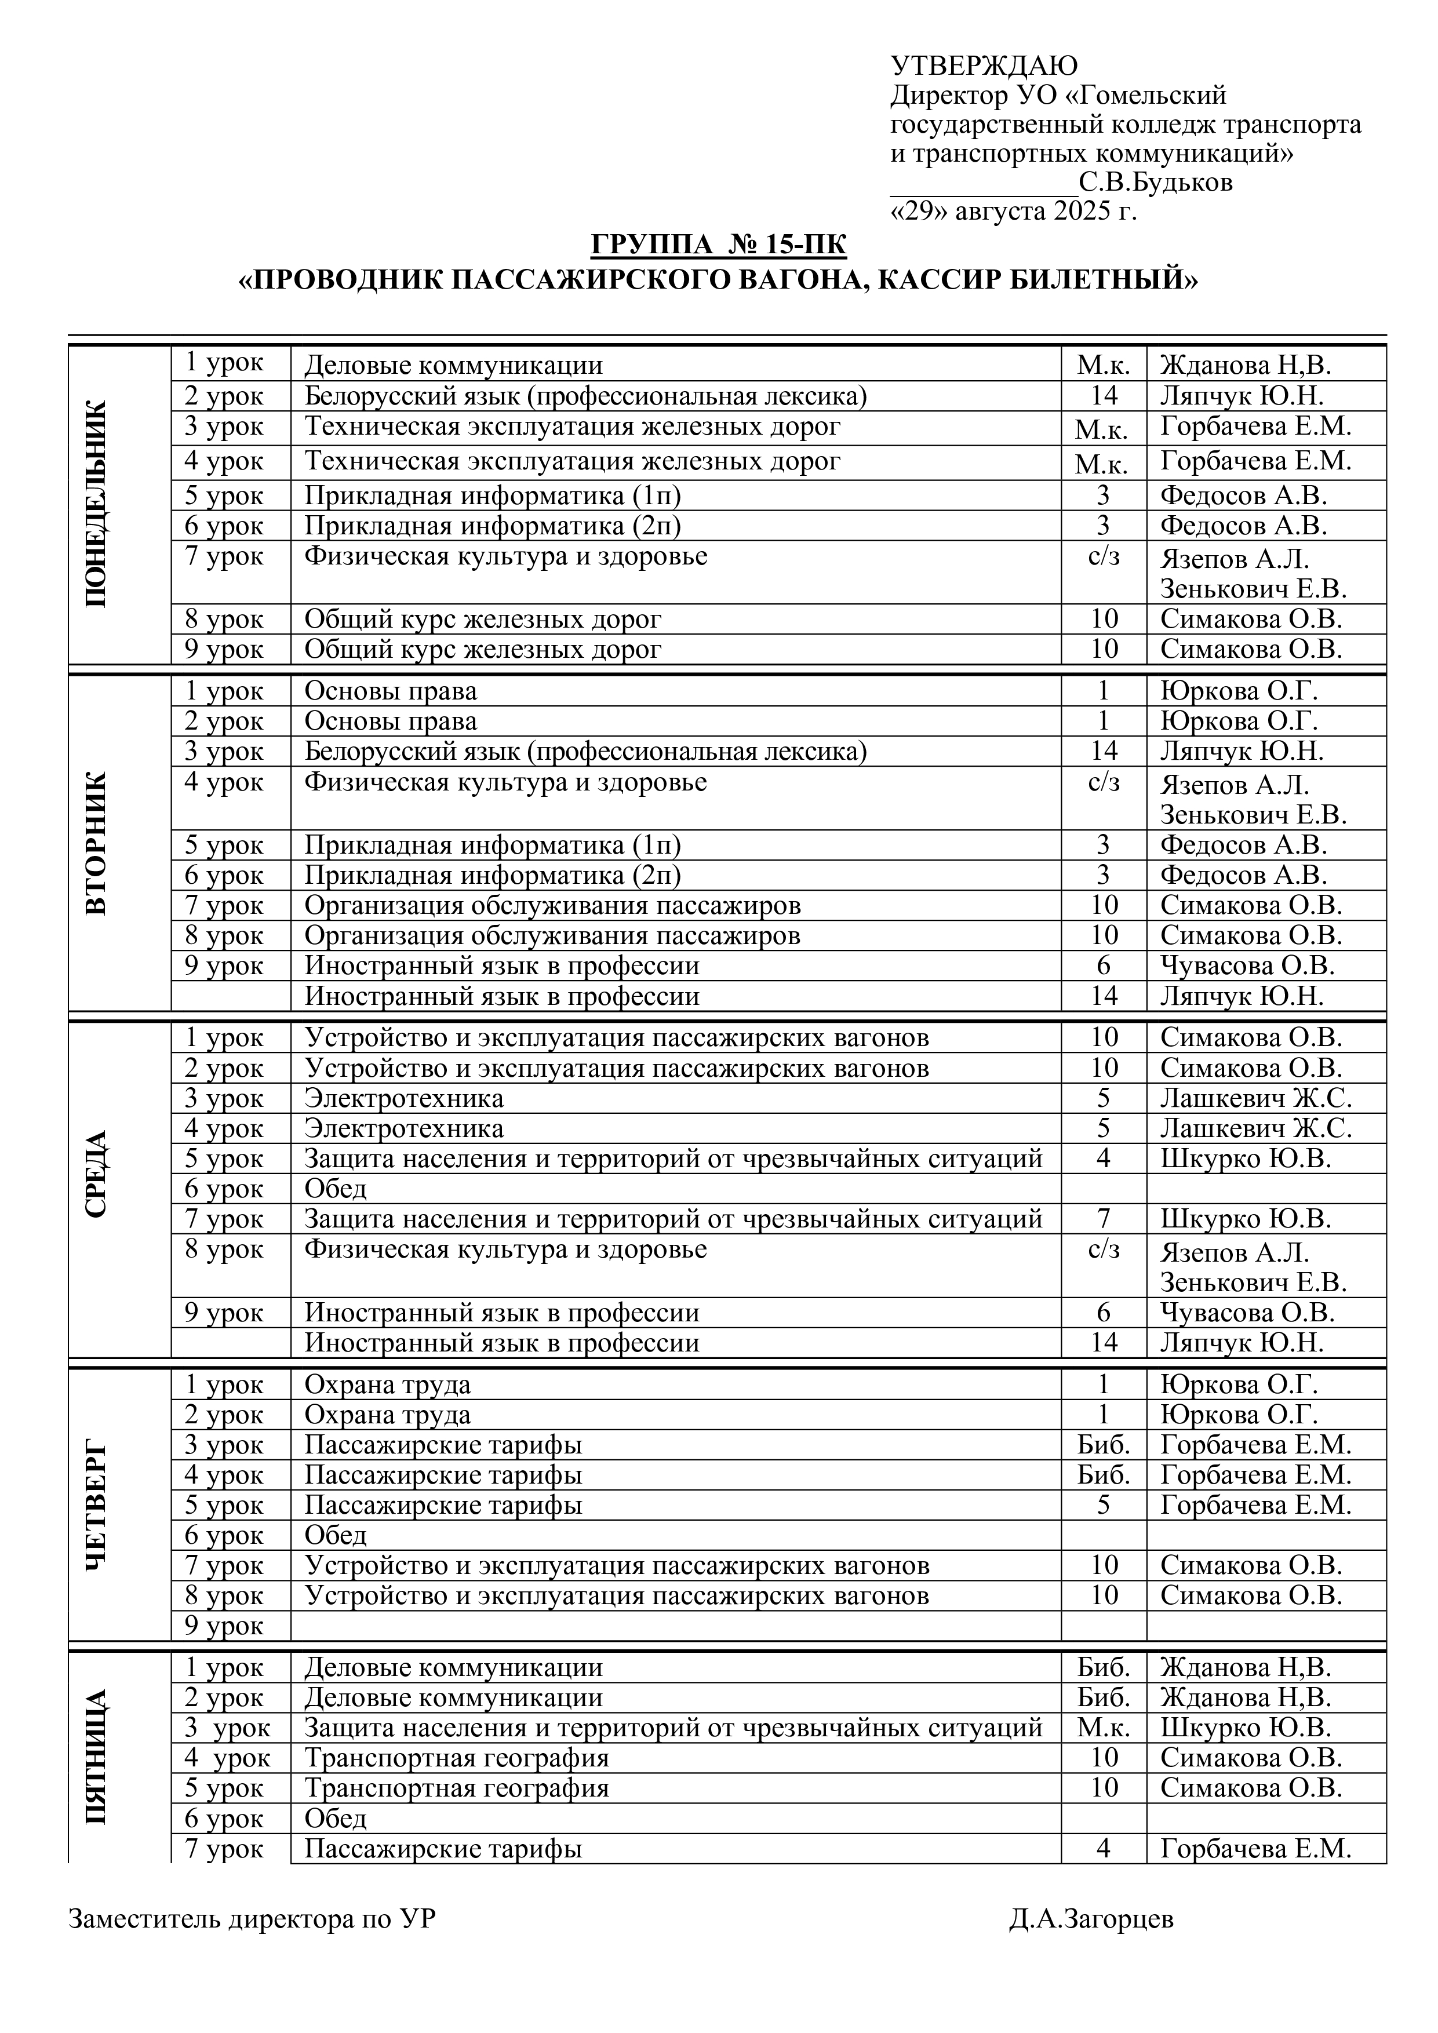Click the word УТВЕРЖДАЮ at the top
pyautogui.click(x=984, y=65)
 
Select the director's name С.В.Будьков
pyautogui.click(x=1156, y=183)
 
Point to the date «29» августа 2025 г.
pyautogui.click(x=1013, y=212)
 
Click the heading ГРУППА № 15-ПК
pyautogui.click(x=718, y=245)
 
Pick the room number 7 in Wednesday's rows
pyautogui.click(x=1104, y=1219)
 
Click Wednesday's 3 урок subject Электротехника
pyautogui.click(x=404, y=1099)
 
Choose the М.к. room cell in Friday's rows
pyautogui.click(x=1104, y=1728)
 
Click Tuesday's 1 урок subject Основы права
pyautogui.click(x=391, y=691)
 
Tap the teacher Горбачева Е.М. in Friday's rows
pyautogui.click(x=1255, y=1849)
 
